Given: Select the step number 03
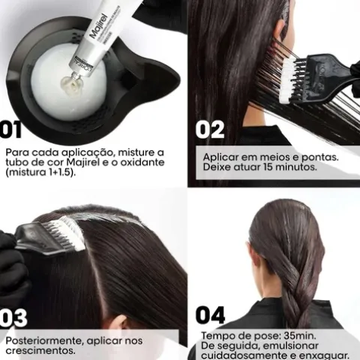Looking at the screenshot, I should coord(14,317).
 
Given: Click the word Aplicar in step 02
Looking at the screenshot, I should coord(224,157).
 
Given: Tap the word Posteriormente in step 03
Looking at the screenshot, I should coord(45,340).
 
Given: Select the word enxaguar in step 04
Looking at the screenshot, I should coord(323,355).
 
